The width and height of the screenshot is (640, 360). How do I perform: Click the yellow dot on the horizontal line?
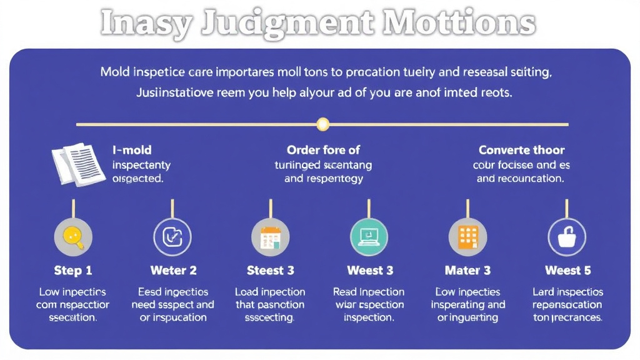click(x=322, y=124)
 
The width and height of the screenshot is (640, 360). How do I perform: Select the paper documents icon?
click(x=77, y=164)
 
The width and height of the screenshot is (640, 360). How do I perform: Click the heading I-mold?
click(x=132, y=150)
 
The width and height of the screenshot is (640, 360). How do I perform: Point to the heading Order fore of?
click(x=323, y=150)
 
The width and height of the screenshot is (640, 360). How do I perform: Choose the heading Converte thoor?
click(x=521, y=150)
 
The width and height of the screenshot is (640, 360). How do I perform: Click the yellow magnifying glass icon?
click(x=74, y=237)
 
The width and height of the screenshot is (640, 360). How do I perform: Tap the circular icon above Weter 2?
click(x=172, y=237)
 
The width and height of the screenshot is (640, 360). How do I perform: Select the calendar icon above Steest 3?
click(x=271, y=237)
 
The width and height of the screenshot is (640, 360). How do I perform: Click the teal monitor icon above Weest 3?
click(x=369, y=237)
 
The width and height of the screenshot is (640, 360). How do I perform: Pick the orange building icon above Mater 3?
click(x=467, y=237)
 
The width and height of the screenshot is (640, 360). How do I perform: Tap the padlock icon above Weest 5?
click(x=566, y=237)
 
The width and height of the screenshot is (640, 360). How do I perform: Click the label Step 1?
click(x=73, y=271)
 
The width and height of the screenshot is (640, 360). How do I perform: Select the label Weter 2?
click(x=173, y=271)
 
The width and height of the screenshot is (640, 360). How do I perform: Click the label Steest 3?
click(x=271, y=271)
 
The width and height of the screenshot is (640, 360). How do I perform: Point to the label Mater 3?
click(x=467, y=271)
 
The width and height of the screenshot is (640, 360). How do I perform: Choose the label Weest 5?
click(x=567, y=271)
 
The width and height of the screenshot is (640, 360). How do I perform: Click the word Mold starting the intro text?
click(x=114, y=72)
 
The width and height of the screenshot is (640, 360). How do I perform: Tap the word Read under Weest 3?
click(x=344, y=292)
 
